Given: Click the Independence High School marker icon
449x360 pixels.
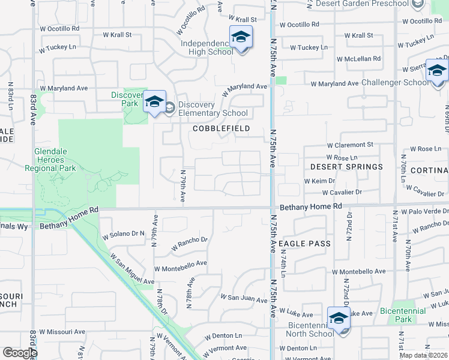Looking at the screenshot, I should coord(241,38).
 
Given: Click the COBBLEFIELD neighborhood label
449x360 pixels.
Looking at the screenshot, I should coord(220,129).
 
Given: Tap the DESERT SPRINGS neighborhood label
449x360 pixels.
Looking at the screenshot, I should coord(346,166).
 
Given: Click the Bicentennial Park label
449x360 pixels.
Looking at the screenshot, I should coord(403,315).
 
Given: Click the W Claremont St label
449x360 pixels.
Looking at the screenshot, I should coord(350,145).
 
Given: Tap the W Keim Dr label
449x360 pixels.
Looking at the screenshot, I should coord(319,181).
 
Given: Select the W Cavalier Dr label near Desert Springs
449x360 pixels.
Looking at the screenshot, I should coord(342,193).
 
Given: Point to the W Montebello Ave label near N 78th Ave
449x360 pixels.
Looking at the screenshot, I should coord(180,263).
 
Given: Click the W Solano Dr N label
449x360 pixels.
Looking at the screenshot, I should coord(124,234).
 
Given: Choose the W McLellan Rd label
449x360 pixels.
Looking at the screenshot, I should coord(359,59).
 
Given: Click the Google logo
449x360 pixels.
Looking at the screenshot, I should coord(20,353).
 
